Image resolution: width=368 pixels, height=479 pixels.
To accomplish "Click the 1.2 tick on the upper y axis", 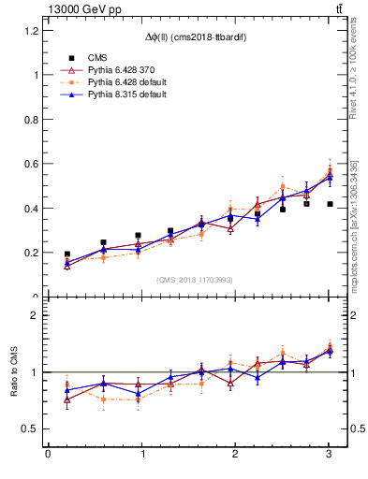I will point(32,30).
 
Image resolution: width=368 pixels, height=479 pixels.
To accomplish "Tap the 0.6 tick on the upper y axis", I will point(32,164).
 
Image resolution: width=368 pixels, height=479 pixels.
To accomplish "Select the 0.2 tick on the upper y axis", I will point(32,253).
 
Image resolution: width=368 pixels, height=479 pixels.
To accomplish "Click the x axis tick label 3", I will point(329,454).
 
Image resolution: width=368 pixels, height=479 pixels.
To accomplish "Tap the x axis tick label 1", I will point(141,454).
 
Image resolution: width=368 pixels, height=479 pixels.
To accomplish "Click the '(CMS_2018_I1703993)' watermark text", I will point(195,280).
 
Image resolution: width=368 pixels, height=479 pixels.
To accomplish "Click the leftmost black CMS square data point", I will point(67,254).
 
